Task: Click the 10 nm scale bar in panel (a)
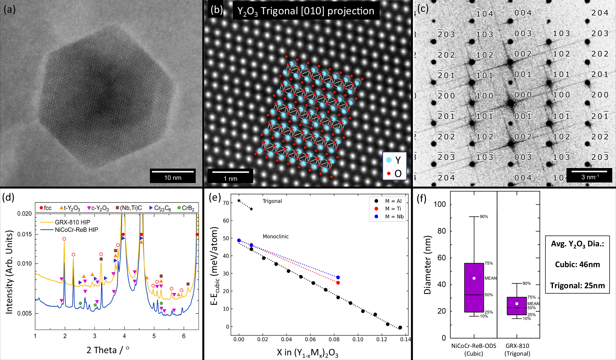click(172, 171)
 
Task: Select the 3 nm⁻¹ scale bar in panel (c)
click(589, 171)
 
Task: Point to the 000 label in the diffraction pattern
click(523, 95)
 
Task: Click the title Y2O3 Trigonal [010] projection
click(306, 11)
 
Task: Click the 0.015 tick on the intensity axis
click(24, 234)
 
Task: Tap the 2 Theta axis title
click(108, 350)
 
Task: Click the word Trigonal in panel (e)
click(272, 201)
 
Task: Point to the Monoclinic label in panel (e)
click(275, 236)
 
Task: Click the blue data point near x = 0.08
click(338, 277)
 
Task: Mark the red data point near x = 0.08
click(338, 283)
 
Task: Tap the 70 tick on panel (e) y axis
click(226, 203)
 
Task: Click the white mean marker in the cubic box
click(474, 278)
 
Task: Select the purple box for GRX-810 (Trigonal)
click(517, 306)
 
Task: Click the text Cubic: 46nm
click(577, 264)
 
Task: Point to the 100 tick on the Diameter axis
click(439, 204)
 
